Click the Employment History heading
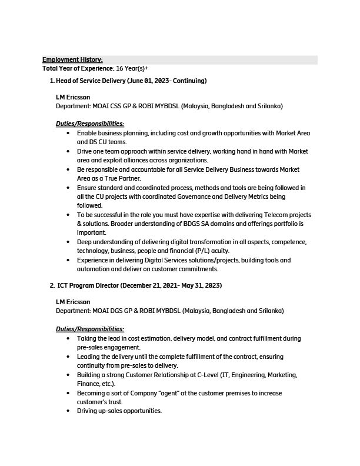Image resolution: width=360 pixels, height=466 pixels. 72,59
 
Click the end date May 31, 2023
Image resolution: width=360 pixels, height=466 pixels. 201,285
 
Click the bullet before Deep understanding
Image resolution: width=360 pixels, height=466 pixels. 69,242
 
